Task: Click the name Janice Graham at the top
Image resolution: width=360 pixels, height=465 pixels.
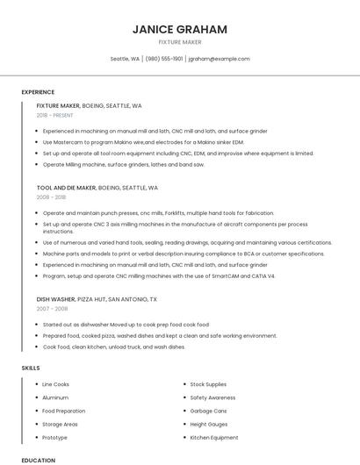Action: coord(179,29)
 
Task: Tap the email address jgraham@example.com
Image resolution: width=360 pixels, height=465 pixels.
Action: coord(219,59)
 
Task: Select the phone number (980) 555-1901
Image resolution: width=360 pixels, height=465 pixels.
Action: coord(164,59)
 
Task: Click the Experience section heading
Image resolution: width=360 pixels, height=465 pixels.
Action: coord(38,92)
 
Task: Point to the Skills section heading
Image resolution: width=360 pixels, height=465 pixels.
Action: coord(31,368)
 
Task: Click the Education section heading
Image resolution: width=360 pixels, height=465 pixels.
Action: coord(38,460)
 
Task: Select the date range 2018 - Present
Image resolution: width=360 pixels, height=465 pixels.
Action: coord(55,115)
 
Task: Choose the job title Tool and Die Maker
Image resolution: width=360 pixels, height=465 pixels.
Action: coord(67,187)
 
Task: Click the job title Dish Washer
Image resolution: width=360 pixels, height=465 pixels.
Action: coord(55,298)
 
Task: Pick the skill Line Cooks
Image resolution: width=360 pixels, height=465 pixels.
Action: coord(55,384)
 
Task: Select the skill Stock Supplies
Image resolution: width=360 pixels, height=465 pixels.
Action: coord(208,384)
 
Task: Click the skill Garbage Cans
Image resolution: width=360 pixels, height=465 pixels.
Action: coord(208,411)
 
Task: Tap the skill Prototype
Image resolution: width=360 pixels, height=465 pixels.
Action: coord(54,437)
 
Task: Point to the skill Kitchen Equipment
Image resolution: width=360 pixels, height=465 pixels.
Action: coord(213,437)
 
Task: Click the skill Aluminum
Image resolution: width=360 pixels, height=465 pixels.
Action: coord(54,397)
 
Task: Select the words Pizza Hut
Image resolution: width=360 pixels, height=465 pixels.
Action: coord(91,298)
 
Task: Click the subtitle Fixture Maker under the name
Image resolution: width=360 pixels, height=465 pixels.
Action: coord(179,42)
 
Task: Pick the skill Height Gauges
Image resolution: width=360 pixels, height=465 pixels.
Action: coord(209,424)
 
